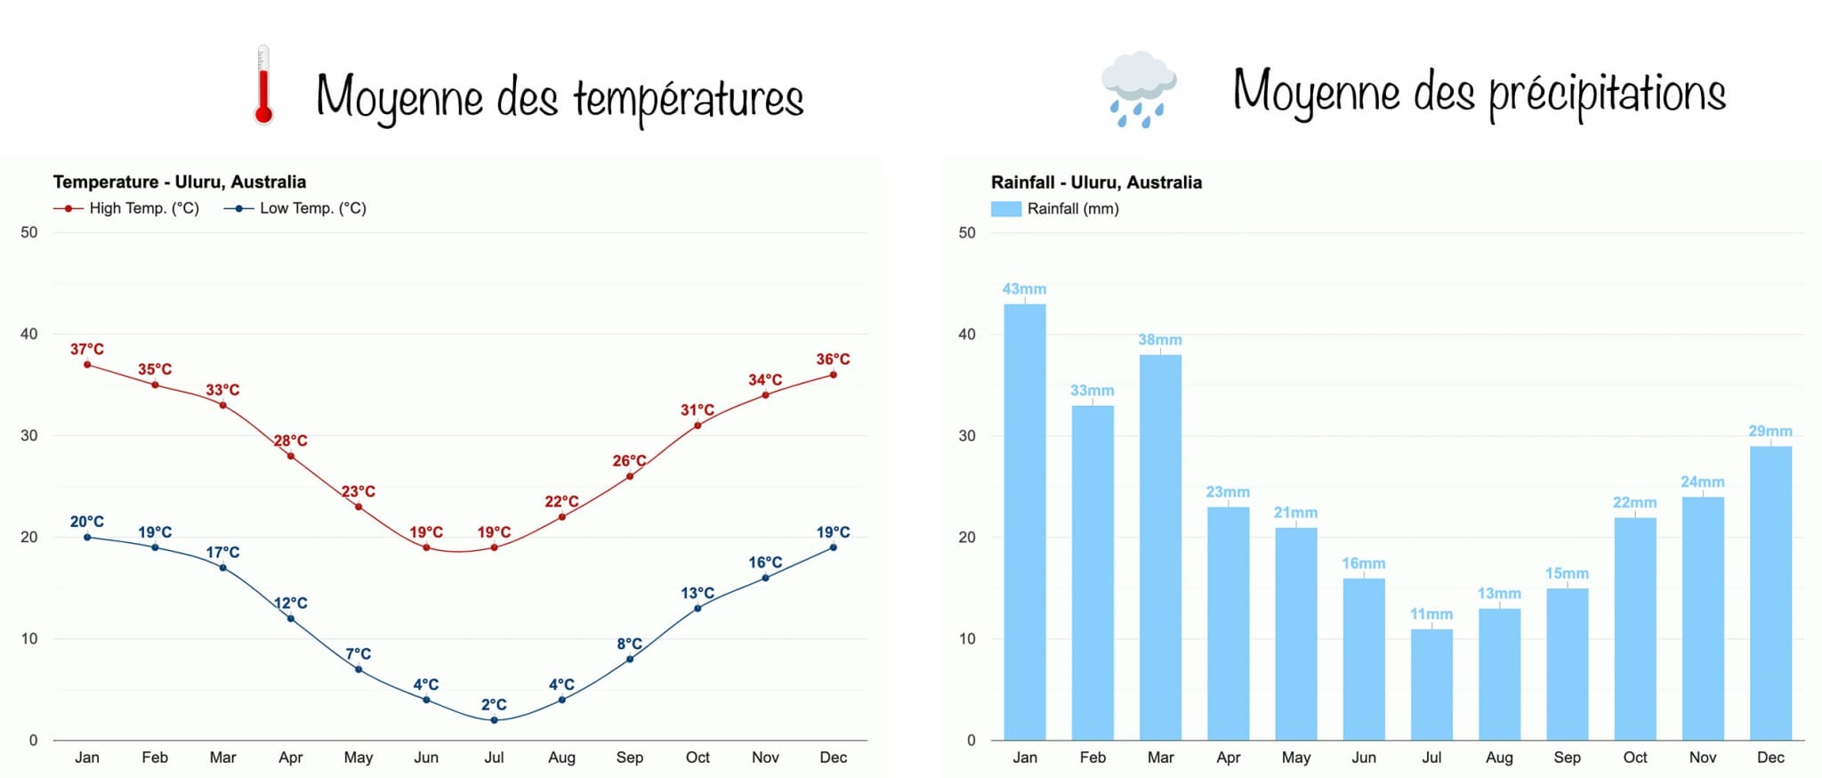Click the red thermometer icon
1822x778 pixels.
click(262, 85)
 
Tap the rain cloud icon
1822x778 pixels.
click(1139, 89)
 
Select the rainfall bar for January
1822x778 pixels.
click(1025, 522)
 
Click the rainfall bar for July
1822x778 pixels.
click(1431, 685)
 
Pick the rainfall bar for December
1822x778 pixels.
click(1770, 593)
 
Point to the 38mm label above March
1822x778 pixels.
click(1160, 340)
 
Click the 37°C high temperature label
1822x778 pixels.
click(87, 349)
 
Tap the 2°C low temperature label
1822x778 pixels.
click(494, 704)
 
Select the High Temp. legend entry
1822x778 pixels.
click(126, 208)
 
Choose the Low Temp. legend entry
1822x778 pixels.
click(295, 208)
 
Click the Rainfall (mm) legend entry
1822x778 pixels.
click(1055, 208)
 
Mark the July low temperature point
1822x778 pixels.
click(494, 720)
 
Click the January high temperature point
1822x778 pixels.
click(87, 364)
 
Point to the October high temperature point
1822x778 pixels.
click(697, 425)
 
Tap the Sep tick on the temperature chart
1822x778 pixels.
click(630, 758)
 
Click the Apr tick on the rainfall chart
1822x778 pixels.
click(1229, 758)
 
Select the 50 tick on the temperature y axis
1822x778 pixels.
click(29, 232)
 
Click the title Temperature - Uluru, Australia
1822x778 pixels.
click(180, 182)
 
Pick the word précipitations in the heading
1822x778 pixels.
click(1607, 93)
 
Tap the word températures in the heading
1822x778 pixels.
click(688, 98)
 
